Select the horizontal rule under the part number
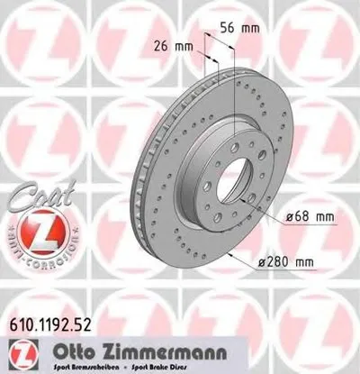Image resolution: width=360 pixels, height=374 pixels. pos(180,334)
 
